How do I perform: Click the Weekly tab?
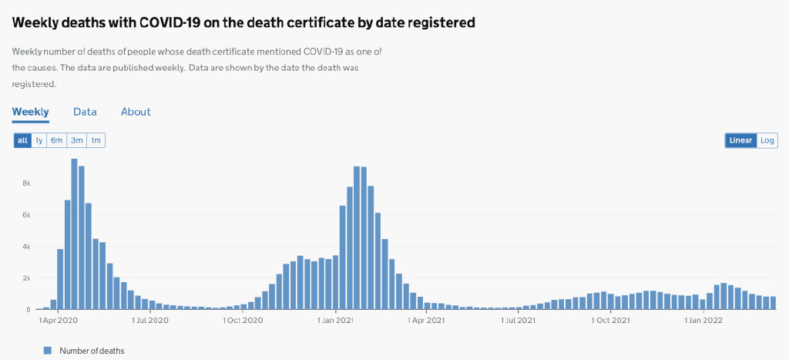tap(30, 112)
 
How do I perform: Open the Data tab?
tap(85, 112)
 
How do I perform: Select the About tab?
tap(136, 112)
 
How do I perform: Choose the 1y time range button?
tap(39, 140)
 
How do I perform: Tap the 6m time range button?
tap(57, 140)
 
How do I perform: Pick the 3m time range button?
tap(76, 140)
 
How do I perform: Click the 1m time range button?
tap(96, 140)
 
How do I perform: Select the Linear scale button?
tap(740, 140)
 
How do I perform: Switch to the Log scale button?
tap(767, 140)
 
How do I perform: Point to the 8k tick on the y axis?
tap(25, 183)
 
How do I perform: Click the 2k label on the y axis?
tap(25, 278)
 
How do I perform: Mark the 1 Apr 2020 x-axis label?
tap(58, 319)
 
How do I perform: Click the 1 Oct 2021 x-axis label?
tap(610, 319)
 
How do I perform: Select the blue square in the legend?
tap(48, 351)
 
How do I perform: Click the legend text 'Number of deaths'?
tap(92, 351)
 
